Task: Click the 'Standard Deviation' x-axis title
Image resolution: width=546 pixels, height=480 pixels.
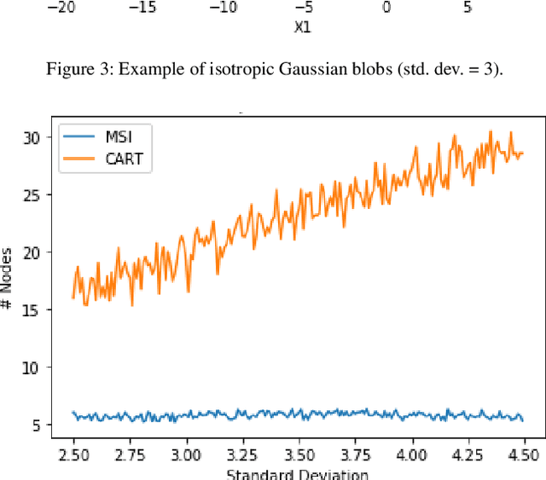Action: point(298,473)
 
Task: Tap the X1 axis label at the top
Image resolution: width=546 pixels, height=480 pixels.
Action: point(302,26)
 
